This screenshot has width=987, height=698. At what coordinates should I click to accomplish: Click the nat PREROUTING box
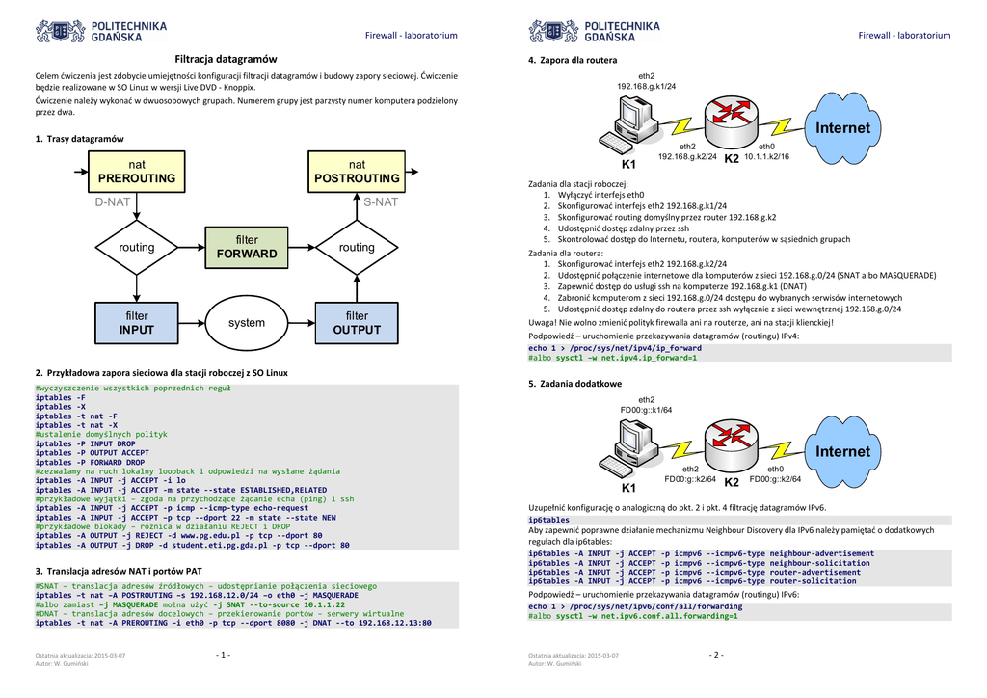point(136,172)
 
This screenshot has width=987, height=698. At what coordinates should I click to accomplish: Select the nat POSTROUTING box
point(357,172)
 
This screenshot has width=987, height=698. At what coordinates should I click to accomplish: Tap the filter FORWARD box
point(247,247)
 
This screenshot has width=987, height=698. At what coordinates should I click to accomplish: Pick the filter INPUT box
point(136,322)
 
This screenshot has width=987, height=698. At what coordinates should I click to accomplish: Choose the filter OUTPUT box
point(357,322)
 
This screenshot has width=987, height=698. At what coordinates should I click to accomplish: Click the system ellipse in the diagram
point(247,323)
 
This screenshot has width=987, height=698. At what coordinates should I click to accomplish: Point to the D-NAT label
point(112,202)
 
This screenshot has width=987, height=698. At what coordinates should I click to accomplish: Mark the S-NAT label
point(381,202)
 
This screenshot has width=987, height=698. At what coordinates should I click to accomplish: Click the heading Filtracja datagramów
point(226,59)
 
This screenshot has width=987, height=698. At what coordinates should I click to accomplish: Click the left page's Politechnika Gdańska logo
point(101,32)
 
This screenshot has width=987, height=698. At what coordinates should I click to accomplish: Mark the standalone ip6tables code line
point(549,520)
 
